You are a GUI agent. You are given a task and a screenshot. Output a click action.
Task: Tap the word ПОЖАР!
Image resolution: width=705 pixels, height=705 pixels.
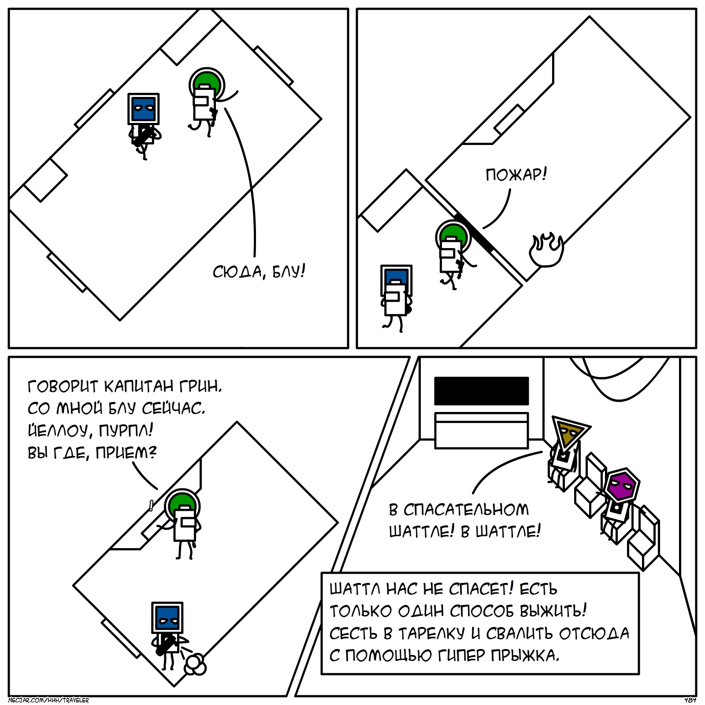click(x=516, y=175)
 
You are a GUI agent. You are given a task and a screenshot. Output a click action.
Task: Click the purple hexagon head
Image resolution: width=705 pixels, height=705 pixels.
click(x=622, y=485)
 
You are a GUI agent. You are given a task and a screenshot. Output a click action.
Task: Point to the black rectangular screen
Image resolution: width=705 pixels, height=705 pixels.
click(x=481, y=391)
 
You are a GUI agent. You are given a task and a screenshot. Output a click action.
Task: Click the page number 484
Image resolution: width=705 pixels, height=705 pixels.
click(x=690, y=700)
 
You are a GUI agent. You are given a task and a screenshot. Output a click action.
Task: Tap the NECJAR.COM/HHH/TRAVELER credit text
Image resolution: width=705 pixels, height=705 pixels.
click(x=48, y=700)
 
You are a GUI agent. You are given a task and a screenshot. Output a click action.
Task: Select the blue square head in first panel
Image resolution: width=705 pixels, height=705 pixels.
click(x=144, y=109)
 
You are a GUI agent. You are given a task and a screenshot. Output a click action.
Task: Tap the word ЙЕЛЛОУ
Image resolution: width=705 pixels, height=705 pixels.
click(x=58, y=430)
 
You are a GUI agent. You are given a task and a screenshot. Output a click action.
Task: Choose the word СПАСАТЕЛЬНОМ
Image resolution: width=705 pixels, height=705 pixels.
click(x=466, y=510)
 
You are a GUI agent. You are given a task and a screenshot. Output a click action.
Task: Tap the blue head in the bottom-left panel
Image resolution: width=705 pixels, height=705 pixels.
click(x=167, y=617)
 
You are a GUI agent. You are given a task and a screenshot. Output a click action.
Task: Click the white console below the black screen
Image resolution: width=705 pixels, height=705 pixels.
click(x=481, y=430)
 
